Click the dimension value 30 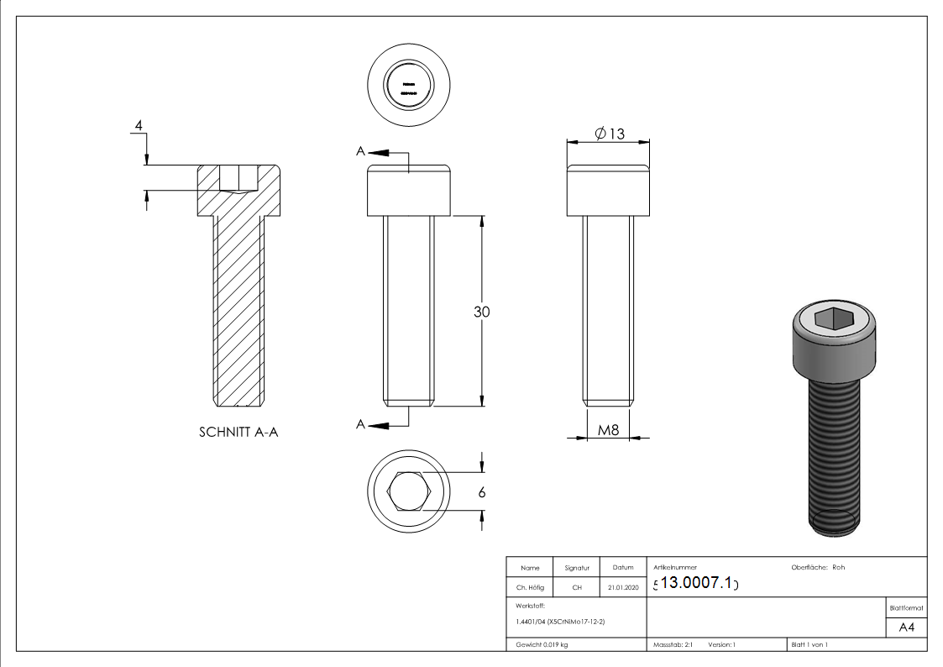tap(481, 312)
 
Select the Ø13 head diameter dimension tap(610, 134)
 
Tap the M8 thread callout tap(608, 431)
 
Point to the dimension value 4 tap(139, 126)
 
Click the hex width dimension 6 tap(481, 493)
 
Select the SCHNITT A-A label tap(238, 433)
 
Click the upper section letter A tap(361, 151)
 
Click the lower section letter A tap(361, 425)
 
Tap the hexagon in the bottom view tap(409, 491)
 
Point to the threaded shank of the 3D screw tap(835, 454)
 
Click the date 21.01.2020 tap(622, 588)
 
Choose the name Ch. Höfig tap(530, 588)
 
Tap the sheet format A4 tap(906, 628)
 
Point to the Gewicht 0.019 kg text tap(542, 644)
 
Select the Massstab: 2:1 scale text tap(673, 644)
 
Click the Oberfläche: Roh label tap(818, 568)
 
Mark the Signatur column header tap(577, 569)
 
